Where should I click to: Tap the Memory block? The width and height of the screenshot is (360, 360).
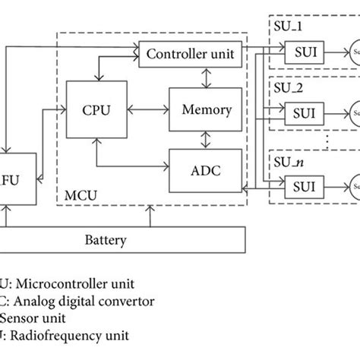pos(206,109)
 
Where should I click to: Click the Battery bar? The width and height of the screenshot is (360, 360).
pos(122,240)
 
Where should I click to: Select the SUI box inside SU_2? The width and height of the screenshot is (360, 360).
pos(302,118)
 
